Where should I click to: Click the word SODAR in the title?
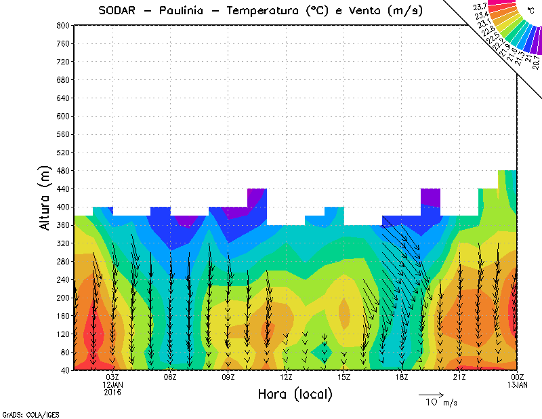(x=117, y=10)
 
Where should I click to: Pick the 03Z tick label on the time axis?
(x=112, y=377)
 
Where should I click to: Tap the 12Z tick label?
(x=286, y=377)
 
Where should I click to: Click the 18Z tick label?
(x=402, y=377)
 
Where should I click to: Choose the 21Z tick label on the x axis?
(x=459, y=377)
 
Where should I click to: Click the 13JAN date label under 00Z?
(x=518, y=384)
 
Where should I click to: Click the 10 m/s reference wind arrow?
(x=430, y=394)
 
